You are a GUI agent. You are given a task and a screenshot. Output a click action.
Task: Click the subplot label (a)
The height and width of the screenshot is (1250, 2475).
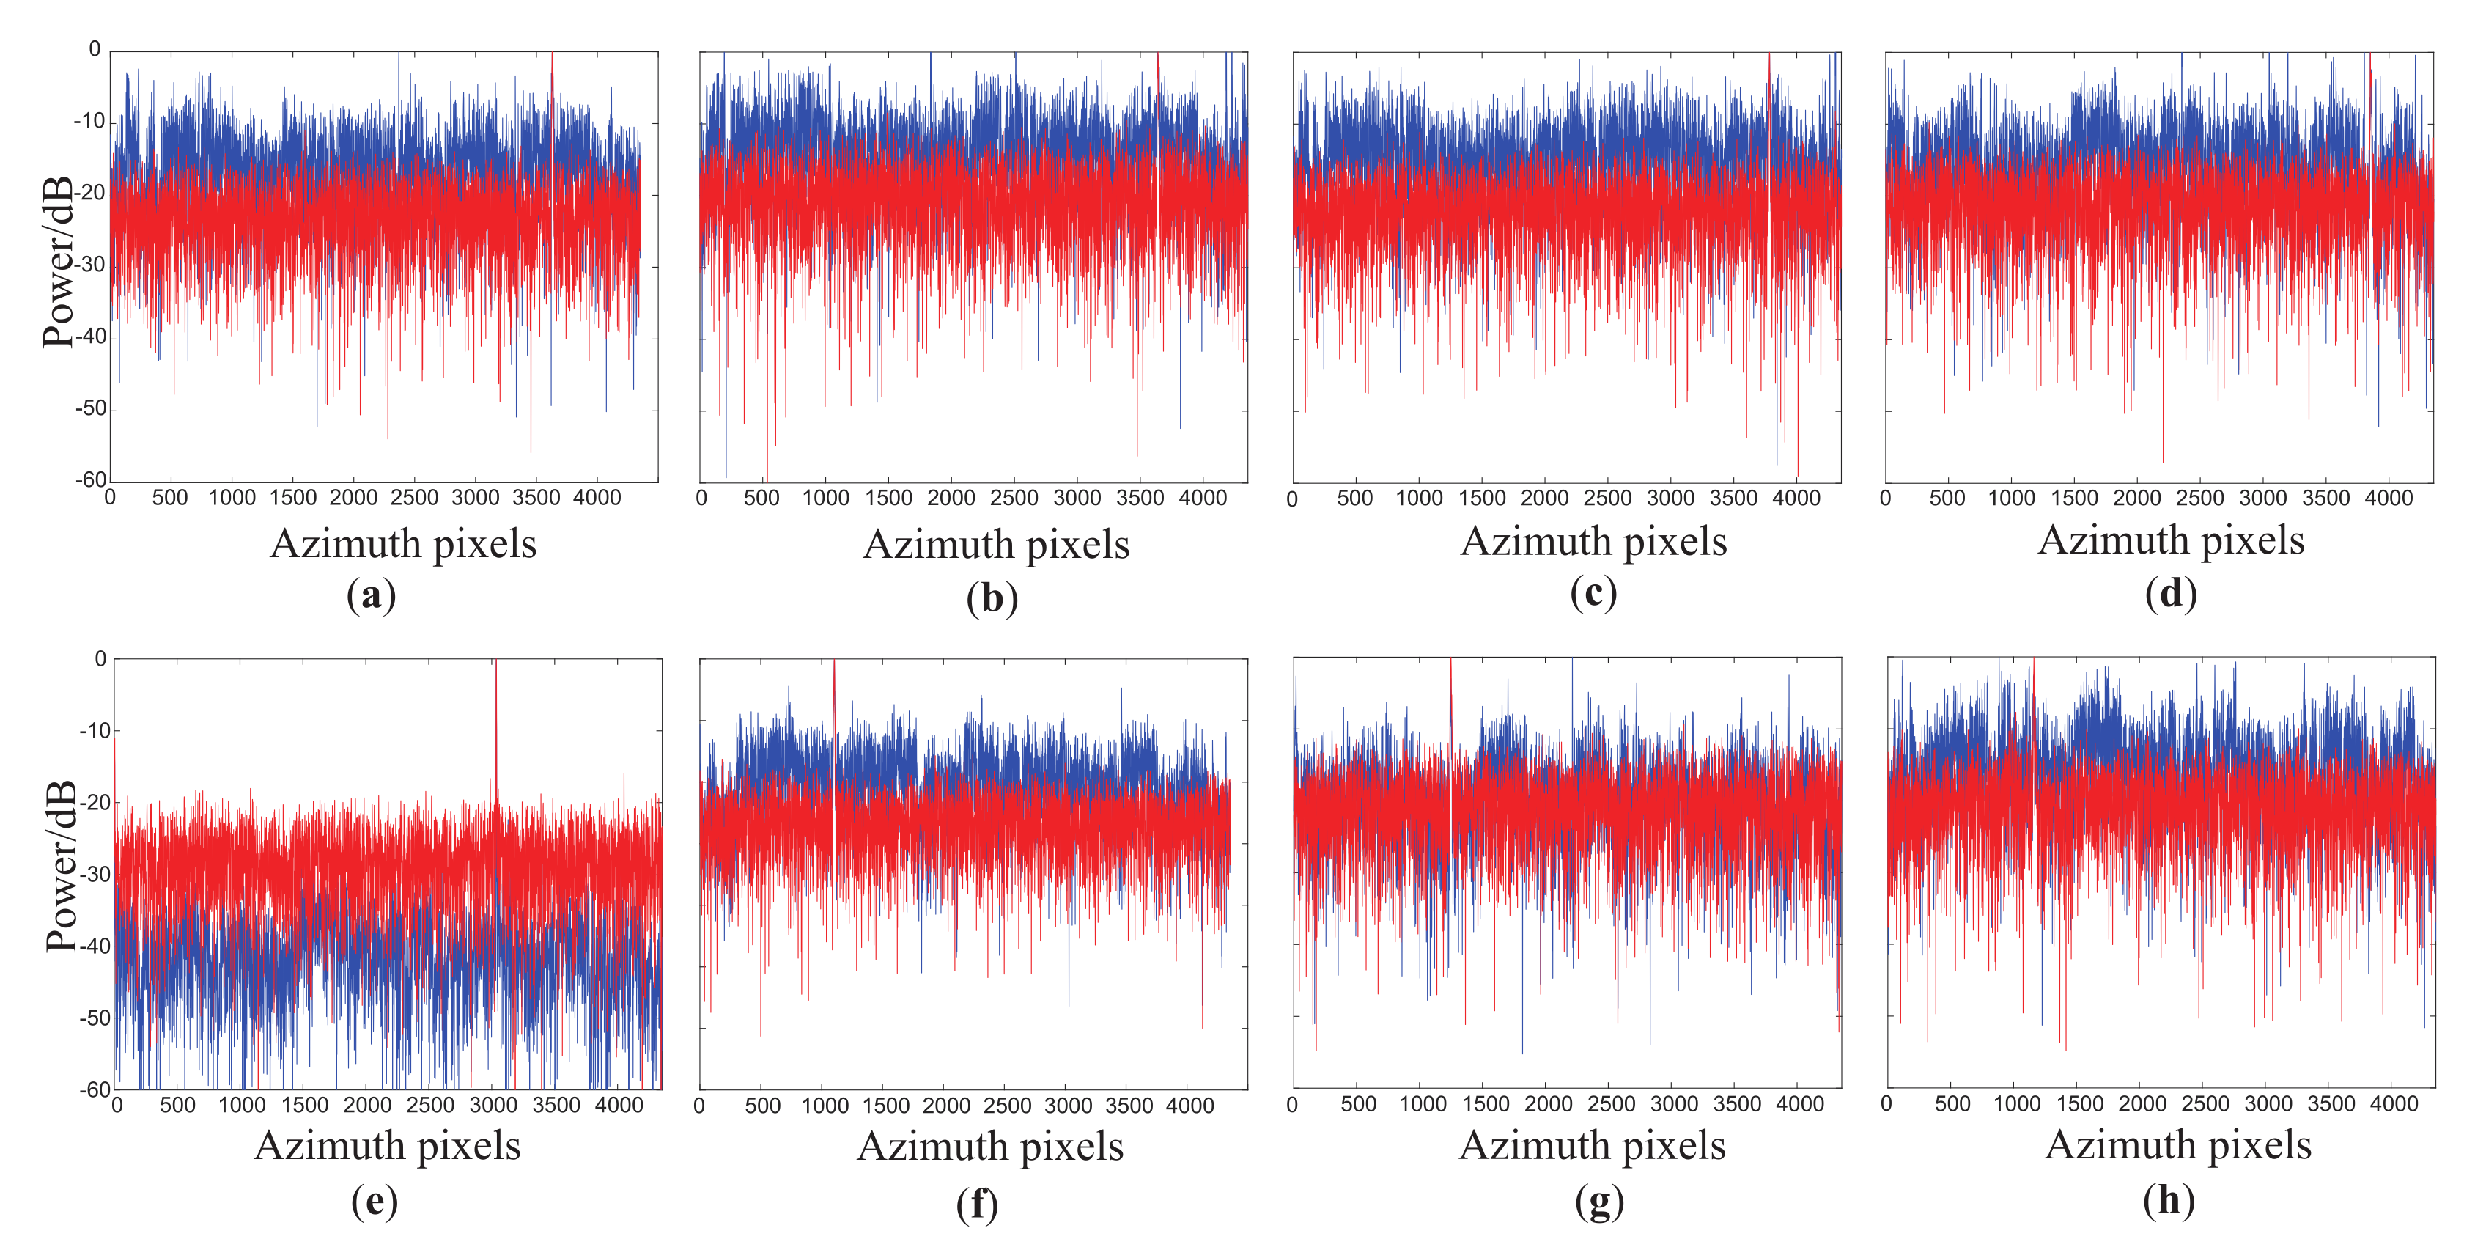[x=371, y=596]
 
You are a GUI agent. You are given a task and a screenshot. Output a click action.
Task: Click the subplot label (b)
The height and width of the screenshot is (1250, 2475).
[x=992, y=598]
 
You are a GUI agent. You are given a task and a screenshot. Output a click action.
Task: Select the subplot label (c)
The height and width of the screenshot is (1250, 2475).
[x=1593, y=593]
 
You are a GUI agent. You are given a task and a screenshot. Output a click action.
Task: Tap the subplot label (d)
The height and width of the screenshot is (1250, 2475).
[x=2170, y=594]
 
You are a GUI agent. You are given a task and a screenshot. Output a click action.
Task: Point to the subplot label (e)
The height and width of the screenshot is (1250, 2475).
[x=374, y=1201]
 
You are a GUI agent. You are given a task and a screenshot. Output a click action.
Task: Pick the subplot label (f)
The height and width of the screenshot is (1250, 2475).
[x=976, y=1203]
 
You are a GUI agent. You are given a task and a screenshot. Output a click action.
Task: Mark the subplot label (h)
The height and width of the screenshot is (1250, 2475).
[x=2169, y=1200]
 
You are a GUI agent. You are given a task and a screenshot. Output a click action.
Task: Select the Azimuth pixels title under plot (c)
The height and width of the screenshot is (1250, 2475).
[x=1593, y=542]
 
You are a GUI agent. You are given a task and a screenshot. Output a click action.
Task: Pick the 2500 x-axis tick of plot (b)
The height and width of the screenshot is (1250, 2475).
[x=1014, y=498]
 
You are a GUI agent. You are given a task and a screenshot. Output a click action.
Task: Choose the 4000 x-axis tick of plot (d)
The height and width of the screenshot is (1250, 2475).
[x=2388, y=498]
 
